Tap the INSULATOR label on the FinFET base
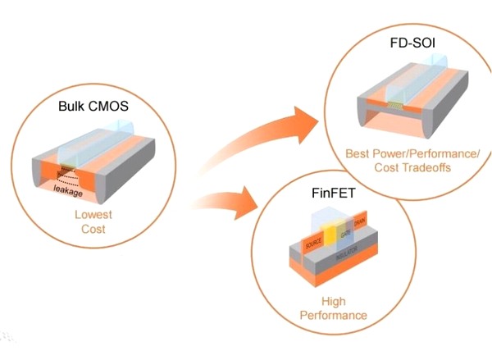coord(349,260)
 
